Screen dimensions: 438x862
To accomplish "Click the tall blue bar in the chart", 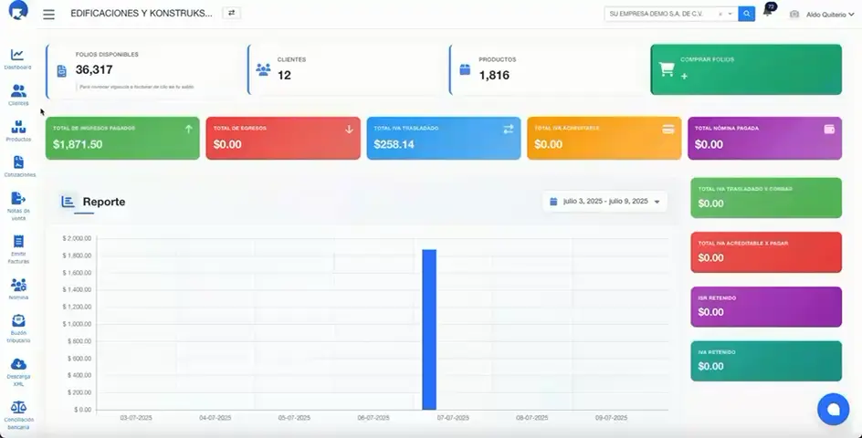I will click(x=429, y=328).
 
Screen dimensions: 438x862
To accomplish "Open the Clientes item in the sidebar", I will click(x=18, y=94).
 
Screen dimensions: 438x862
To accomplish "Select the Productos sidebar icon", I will click(x=18, y=130).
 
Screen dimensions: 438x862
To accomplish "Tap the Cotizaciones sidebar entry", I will click(x=19, y=165).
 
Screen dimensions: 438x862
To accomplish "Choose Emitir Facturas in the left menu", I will click(x=18, y=249).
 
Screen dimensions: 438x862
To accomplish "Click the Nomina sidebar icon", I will click(x=18, y=287).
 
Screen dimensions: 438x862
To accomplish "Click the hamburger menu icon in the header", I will click(x=48, y=15).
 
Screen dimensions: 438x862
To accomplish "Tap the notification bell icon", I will click(x=767, y=13).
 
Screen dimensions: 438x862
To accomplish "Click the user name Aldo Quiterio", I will click(x=825, y=15).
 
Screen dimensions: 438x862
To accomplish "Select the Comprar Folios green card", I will click(x=746, y=69).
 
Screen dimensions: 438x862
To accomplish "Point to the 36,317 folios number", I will click(x=94, y=69).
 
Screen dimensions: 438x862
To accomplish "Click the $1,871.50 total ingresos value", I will click(x=78, y=144).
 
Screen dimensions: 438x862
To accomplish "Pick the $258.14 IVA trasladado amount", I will click(x=394, y=144).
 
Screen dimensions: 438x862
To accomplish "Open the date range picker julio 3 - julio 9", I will click(x=604, y=201).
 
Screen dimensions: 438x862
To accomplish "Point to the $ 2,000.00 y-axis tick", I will click(x=77, y=238).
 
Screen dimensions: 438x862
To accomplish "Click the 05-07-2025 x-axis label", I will click(x=293, y=418).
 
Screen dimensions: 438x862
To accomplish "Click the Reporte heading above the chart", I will click(x=103, y=202).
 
